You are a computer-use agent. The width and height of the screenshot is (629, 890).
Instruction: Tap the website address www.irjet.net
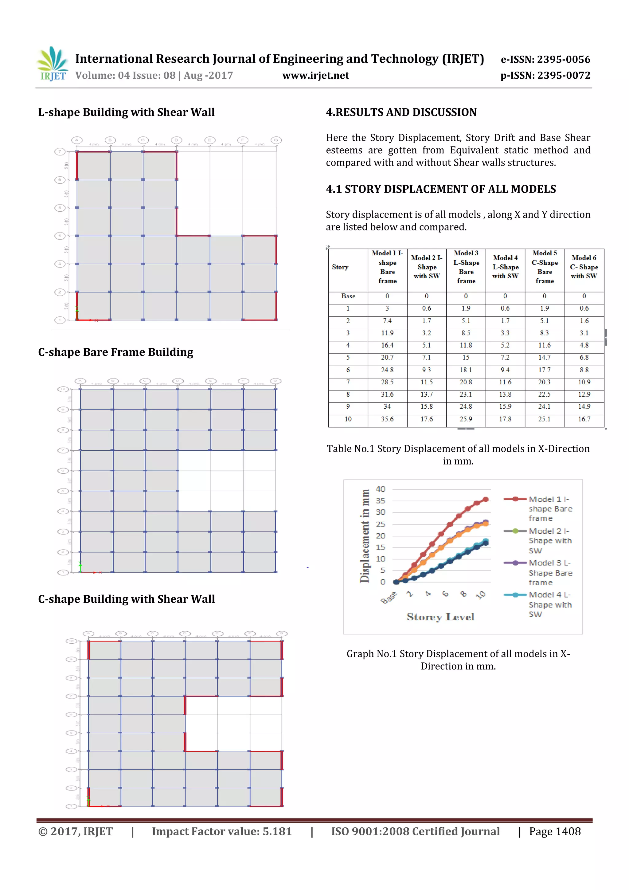315,75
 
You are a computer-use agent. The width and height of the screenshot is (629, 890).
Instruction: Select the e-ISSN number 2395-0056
545,59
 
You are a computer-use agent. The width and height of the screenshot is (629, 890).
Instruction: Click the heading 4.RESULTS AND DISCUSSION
401,112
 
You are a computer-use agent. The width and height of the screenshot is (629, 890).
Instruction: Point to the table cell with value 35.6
387,419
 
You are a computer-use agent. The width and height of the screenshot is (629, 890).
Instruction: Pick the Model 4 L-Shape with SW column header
505,267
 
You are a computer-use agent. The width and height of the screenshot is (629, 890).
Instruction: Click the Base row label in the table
348,296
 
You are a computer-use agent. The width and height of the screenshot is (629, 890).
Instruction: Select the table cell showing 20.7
387,357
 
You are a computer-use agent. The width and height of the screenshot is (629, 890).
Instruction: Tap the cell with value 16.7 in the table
584,419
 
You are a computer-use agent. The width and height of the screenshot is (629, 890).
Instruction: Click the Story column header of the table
340,267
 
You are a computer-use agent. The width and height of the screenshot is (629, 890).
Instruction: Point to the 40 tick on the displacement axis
380,489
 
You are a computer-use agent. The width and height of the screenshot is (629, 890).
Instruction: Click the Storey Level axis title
440,617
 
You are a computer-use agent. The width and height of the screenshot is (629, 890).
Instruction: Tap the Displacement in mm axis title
364,536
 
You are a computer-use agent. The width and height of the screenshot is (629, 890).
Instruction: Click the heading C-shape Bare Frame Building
115,352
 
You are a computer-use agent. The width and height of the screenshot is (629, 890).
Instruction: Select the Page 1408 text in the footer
555,831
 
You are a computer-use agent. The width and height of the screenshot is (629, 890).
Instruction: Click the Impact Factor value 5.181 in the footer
221,831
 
